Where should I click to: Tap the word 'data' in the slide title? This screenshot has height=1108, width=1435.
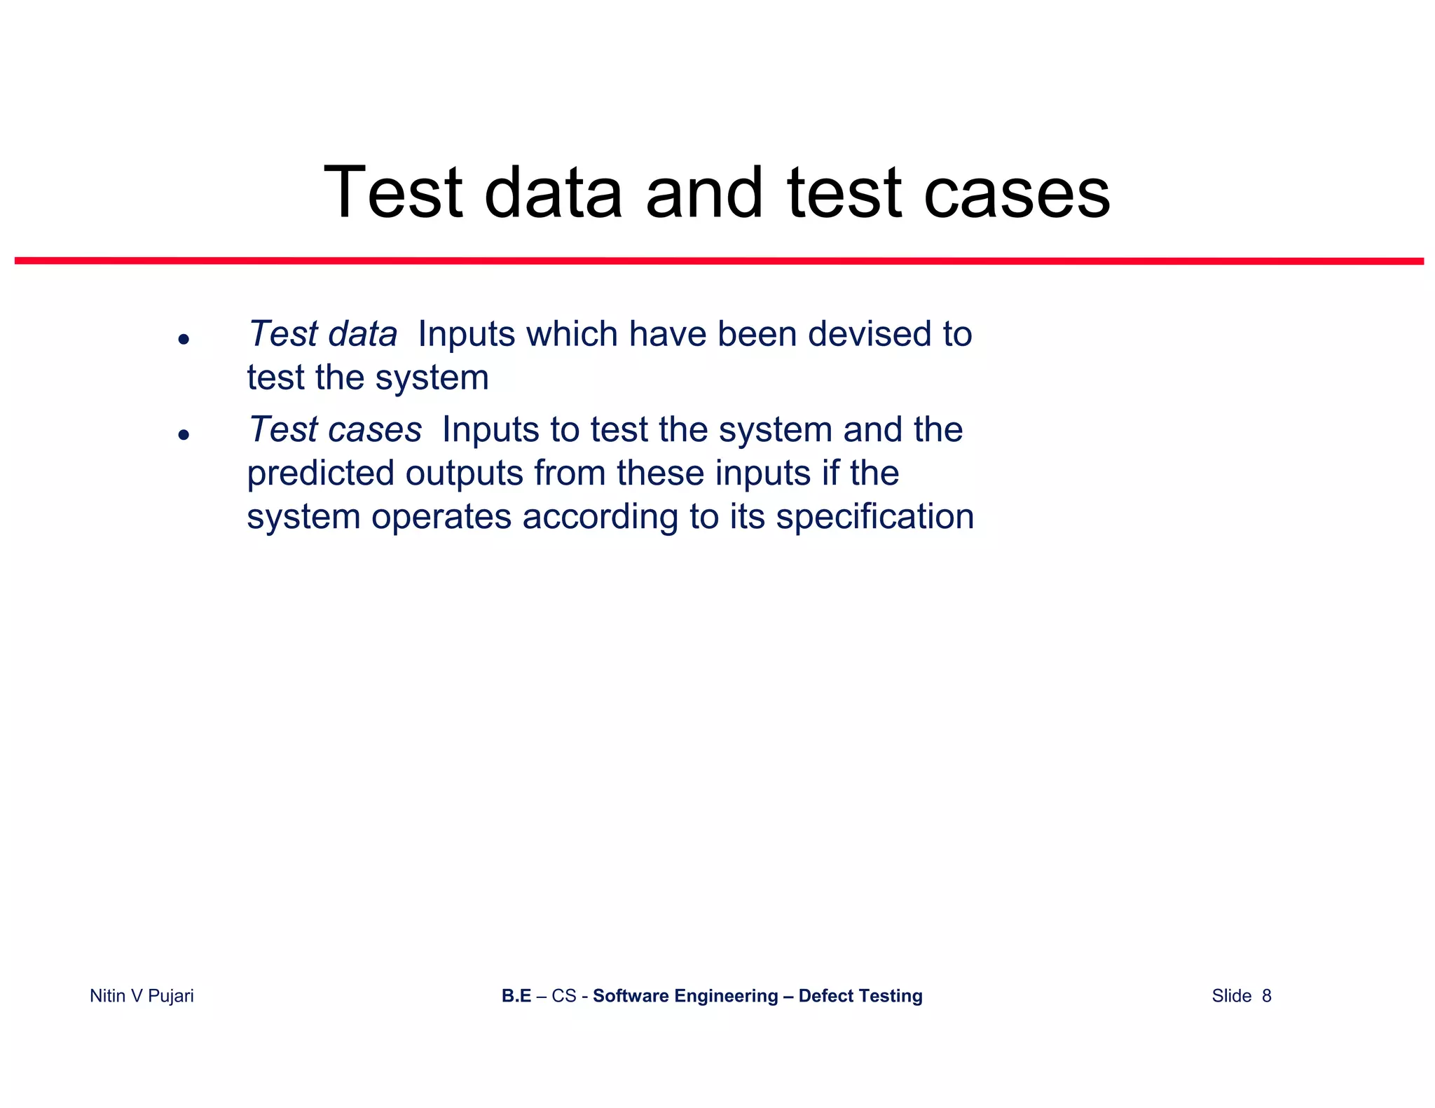553,193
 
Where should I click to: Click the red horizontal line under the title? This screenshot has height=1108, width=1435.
719,261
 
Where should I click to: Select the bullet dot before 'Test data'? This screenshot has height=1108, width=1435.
184,340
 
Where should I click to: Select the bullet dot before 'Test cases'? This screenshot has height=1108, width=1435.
184,435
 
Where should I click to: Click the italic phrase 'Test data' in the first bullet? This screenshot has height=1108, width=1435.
323,334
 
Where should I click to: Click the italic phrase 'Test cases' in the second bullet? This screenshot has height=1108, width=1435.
335,429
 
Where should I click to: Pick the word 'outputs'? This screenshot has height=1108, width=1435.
465,473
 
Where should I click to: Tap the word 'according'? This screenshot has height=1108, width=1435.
600,518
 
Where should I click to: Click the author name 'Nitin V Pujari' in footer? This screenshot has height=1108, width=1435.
142,996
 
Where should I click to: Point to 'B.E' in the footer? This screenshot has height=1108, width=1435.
516,996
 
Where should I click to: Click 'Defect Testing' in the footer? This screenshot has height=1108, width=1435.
860,996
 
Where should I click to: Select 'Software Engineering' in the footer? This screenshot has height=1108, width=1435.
685,996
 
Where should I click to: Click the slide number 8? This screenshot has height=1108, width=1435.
1266,996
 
